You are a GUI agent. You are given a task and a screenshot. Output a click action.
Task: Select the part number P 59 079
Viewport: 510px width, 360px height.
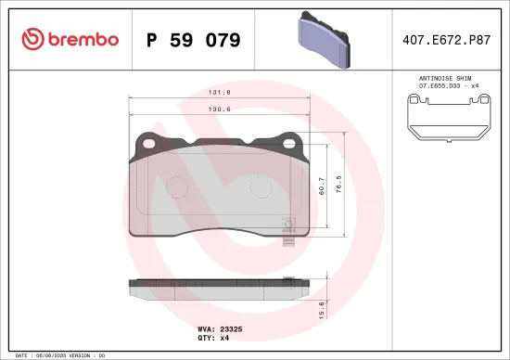[x=194, y=40]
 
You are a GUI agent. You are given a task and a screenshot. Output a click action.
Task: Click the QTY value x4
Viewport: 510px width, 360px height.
[x=224, y=339]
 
